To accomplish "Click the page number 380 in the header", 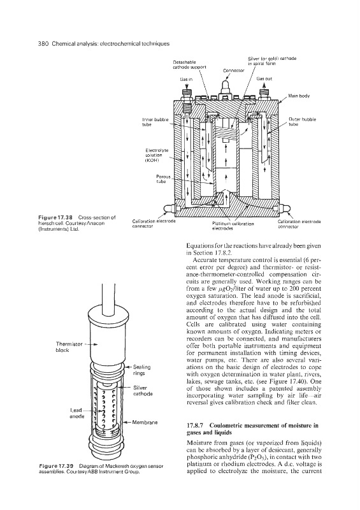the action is click(43, 43).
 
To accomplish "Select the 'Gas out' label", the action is click(264, 78).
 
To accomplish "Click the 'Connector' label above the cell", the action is click(231, 70).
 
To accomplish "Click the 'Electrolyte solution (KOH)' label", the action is click(157, 155).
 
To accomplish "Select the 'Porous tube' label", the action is click(161, 179).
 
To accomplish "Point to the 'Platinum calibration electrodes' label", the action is click(233, 226).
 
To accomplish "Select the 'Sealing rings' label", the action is click(142, 370).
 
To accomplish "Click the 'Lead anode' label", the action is click(78, 413).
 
